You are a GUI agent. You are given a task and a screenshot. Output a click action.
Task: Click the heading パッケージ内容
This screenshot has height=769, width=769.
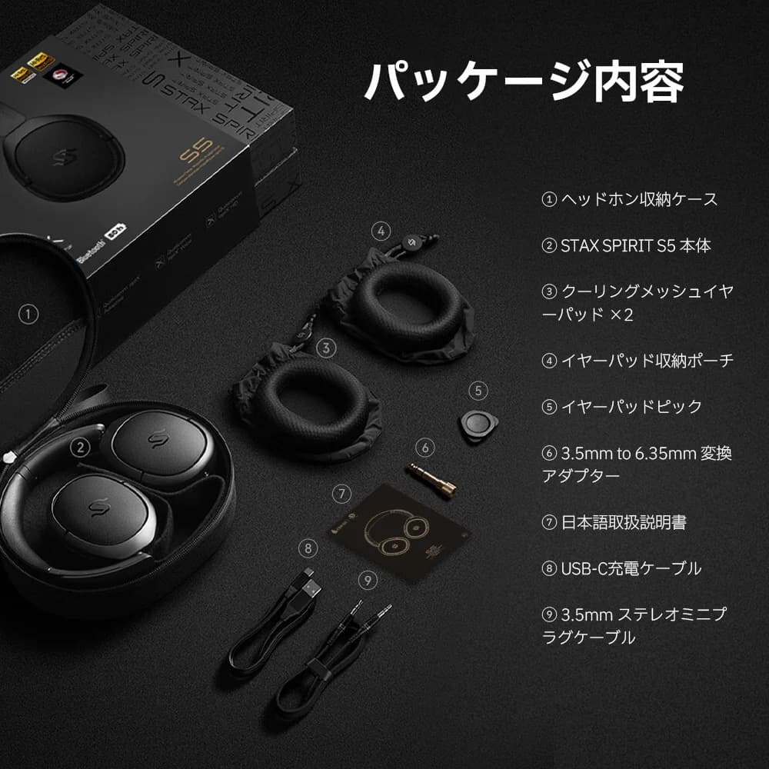coord(524,82)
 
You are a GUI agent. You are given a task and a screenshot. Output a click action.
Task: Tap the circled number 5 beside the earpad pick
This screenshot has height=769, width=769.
coord(478,391)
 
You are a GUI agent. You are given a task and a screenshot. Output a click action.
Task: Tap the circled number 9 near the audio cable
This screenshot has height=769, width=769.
coord(369,579)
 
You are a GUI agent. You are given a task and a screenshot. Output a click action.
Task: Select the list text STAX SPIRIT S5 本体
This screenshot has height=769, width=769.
coord(626,245)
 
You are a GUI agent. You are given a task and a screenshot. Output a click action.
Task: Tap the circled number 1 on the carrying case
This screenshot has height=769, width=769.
coord(28,314)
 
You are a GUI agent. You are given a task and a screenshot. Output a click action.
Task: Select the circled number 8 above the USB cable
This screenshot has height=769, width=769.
coord(308,548)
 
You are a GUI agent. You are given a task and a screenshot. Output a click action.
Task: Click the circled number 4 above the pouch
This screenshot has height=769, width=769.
coord(380,230)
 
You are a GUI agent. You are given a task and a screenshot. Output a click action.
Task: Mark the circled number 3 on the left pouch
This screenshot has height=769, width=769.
coord(327,348)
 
